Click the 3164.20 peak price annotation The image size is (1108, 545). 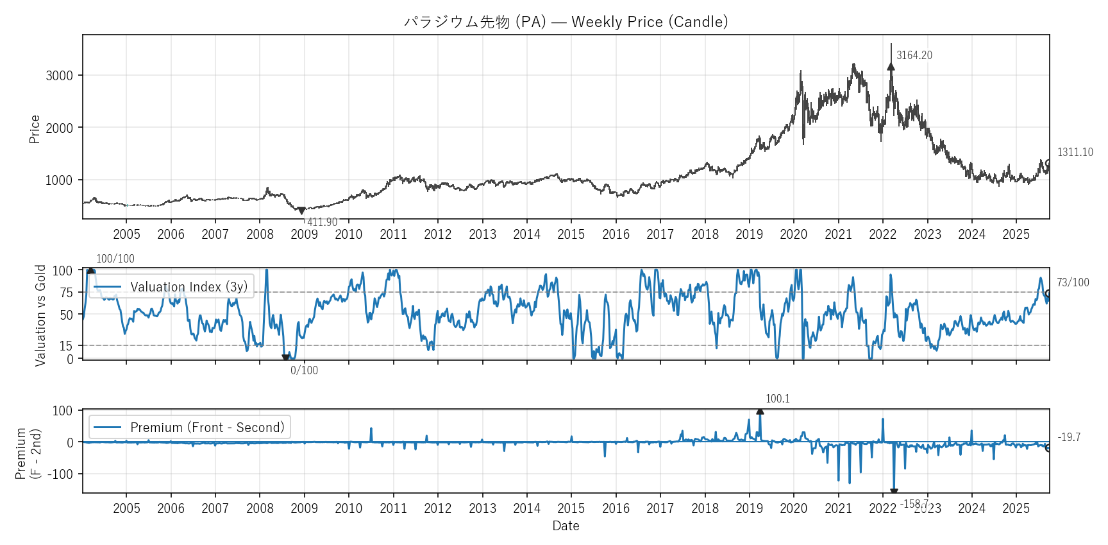pyautogui.click(x=914, y=55)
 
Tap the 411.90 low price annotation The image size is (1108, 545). pyautogui.click(x=322, y=222)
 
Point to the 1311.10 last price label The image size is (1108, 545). pyautogui.click(x=1075, y=152)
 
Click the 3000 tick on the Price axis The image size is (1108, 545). pyautogui.click(x=59, y=76)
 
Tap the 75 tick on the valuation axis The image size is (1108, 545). pyautogui.click(x=66, y=293)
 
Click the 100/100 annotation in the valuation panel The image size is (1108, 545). pyautogui.click(x=115, y=259)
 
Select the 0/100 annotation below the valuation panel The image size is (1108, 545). pyautogui.click(x=304, y=370)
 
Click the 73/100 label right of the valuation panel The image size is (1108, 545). pyautogui.click(x=1073, y=282)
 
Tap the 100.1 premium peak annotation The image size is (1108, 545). pyautogui.click(x=777, y=399)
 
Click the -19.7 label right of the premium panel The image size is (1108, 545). pyautogui.click(x=1069, y=437)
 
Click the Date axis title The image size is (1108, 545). pyautogui.click(x=566, y=526)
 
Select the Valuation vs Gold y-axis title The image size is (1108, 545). pyautogui.click(x=40, y=315)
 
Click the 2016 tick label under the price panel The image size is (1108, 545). pyautogui.click(x=616, y=234)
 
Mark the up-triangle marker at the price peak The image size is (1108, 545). pyautogui.click(x=891, y=67)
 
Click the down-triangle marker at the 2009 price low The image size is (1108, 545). pyautogui.click(x=301, y=211)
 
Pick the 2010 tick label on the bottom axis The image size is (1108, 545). pyautogui.click(x=348, y=508)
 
